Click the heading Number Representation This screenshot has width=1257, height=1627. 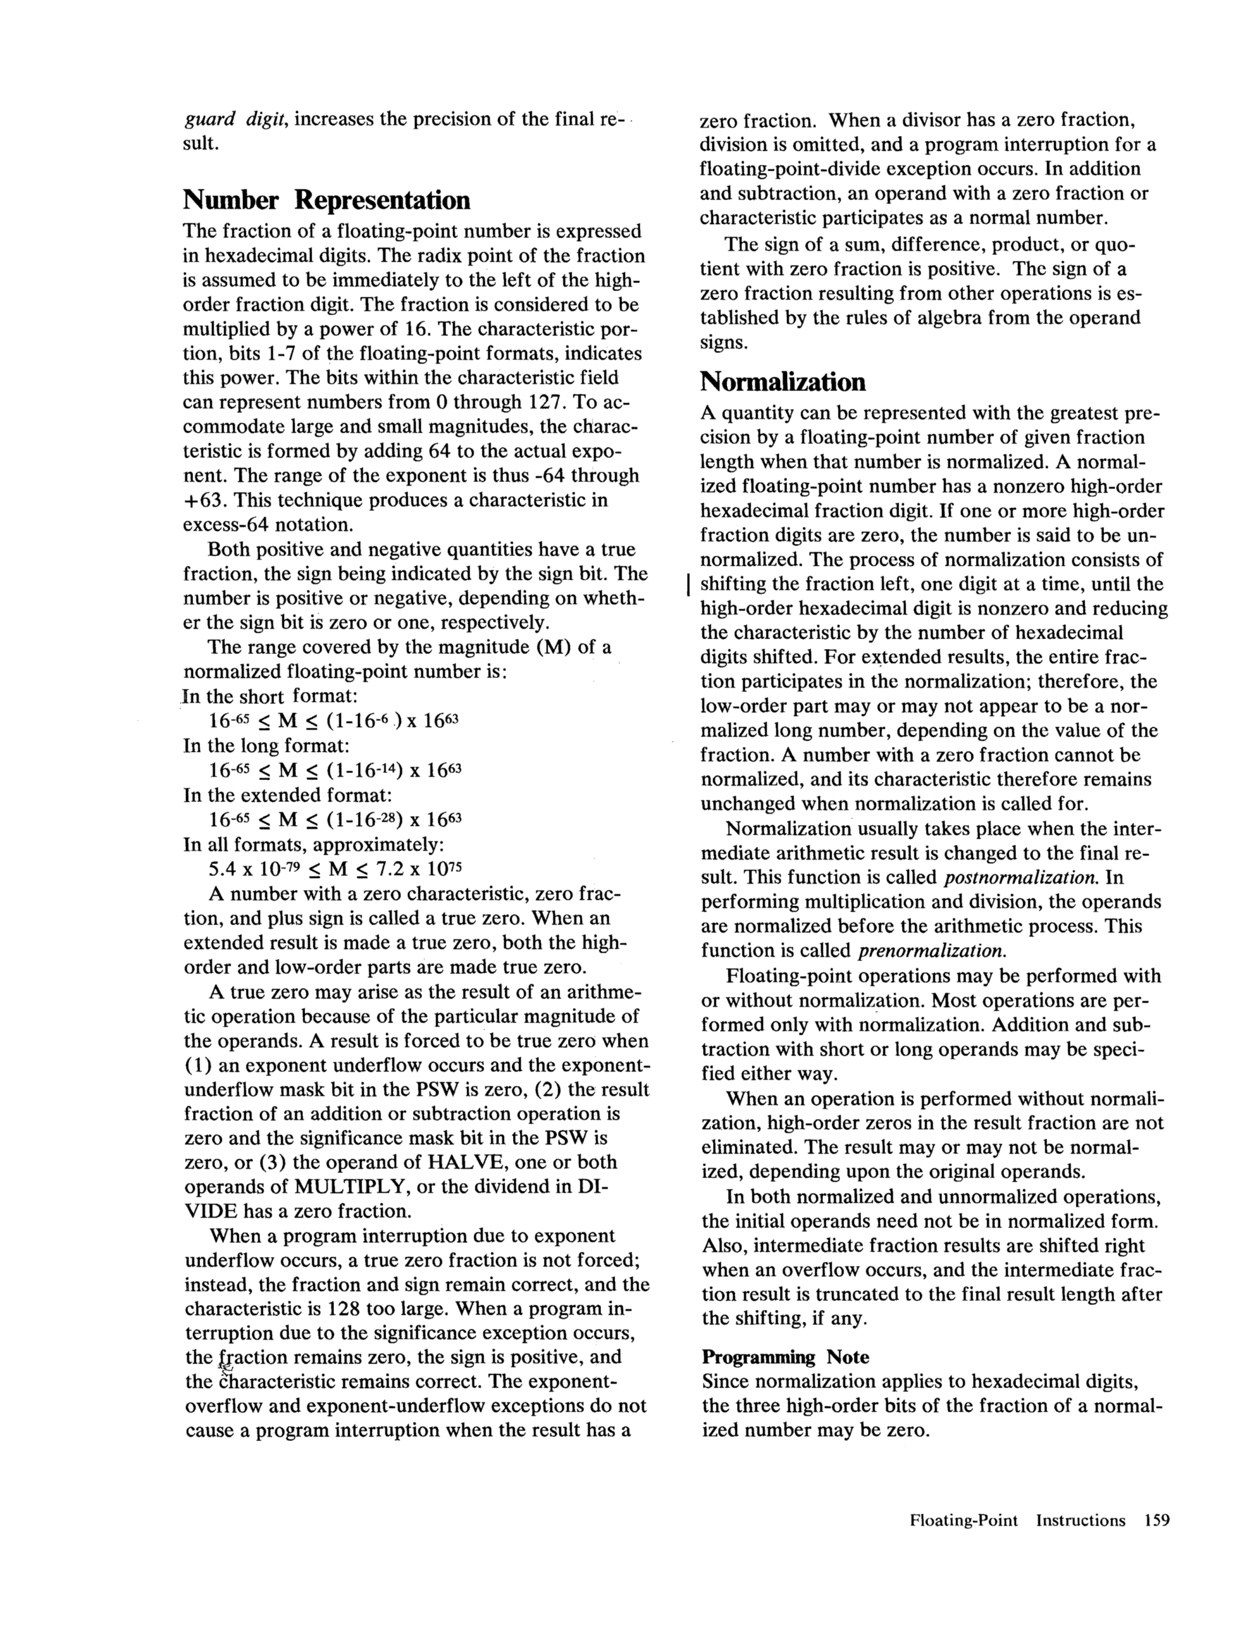326,200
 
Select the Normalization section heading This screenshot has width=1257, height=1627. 782,382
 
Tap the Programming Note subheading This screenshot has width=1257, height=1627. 786,1356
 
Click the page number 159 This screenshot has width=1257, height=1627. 1156,1521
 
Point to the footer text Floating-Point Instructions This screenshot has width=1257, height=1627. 1017,1521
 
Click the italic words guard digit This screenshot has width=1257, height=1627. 236,119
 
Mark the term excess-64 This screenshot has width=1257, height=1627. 226,524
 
